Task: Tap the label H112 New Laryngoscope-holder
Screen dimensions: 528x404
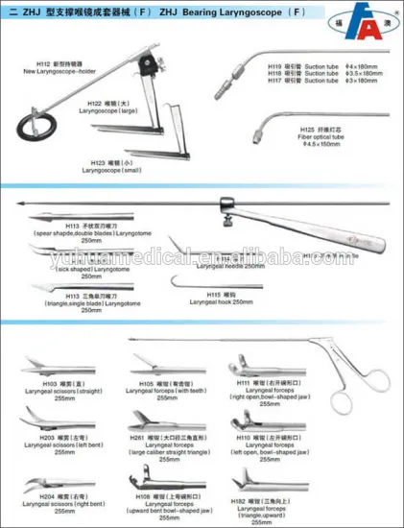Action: pos(59,70)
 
